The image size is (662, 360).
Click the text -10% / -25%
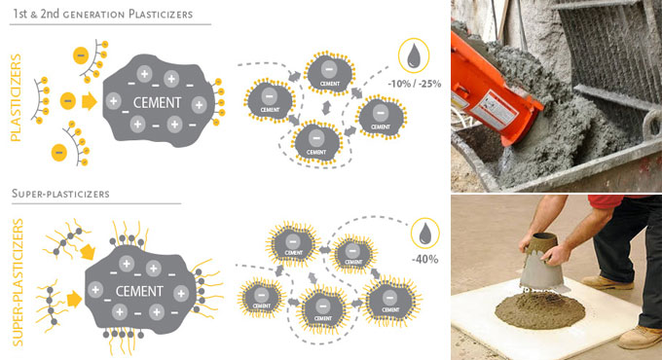(414, 84)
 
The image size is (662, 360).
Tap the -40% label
(424, 259)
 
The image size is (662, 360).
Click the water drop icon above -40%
(424, 234)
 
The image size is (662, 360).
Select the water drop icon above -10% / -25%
(414, 55)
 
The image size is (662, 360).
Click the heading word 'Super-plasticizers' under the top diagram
(60, 194)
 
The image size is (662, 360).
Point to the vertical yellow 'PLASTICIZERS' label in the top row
(16, 97)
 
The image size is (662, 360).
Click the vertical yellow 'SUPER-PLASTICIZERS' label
(18, 282)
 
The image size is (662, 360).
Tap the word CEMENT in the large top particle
(157, 102)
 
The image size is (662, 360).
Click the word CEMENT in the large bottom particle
(139, 291)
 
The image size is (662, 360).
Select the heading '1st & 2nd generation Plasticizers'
(102, 14)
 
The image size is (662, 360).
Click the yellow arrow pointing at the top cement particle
(90, 101)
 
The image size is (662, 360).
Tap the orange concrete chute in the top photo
(493, 90)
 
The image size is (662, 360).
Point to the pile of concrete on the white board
(539, 310)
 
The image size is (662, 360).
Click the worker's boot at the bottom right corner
(640, 338)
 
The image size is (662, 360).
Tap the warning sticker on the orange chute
(494, 110)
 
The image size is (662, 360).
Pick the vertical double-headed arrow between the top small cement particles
(326, 108)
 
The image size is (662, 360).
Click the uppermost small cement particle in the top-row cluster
(329, 73)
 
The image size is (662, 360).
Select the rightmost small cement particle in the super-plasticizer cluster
(390, 301)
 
